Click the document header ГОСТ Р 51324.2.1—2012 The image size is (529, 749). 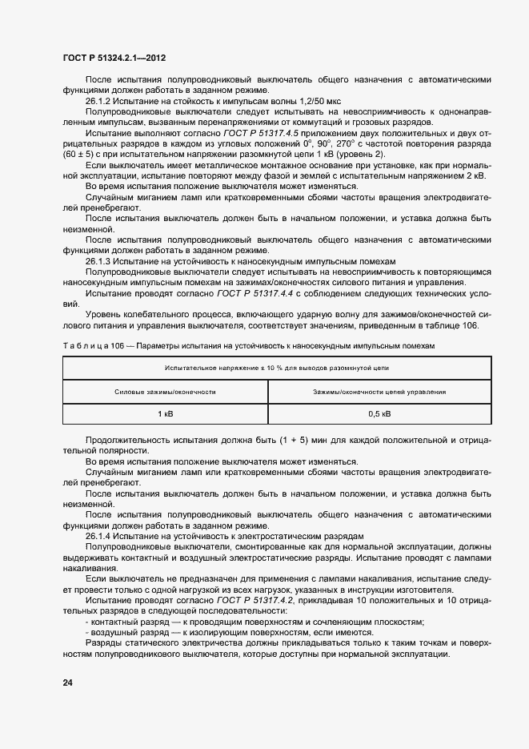[x=114, y=58]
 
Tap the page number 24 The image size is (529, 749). [x=67, y=683]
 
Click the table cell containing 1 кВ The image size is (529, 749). [x=165, y=413]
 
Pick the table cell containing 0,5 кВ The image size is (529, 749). [x=379, y=413]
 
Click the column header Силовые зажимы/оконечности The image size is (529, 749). [x=165, y=392]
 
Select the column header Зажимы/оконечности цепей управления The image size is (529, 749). [x=379, y=392]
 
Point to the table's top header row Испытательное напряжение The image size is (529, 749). [x=272, y=368]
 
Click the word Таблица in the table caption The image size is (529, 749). [x=82, y=344]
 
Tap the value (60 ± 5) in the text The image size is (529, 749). [x=80, y=154]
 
